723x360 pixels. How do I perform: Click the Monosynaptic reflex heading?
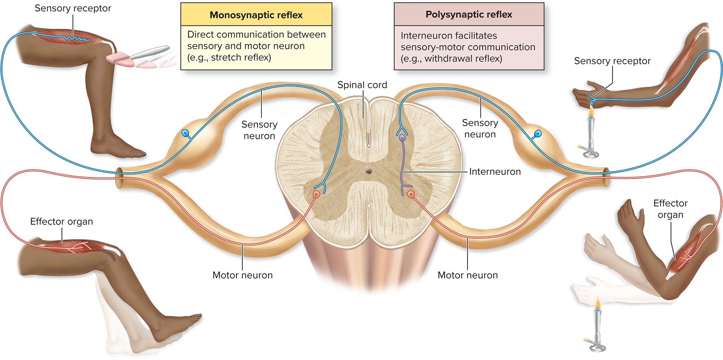pos(256,15)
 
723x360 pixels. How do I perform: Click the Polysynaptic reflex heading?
pos(469,15)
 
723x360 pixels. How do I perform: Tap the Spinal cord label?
pos(362,85)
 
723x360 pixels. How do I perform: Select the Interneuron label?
pos(495,171)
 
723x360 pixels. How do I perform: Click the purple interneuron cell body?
pos(402,138)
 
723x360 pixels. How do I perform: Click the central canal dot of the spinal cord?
pos(369,171)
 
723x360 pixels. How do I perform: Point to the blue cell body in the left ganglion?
pos(185,133)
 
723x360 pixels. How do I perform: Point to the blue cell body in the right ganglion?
pos(538,134)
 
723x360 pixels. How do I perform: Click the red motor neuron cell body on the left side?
pos(316,194)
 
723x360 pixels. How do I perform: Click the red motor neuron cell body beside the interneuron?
pos(411,194)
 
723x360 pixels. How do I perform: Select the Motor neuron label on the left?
pos(242,275)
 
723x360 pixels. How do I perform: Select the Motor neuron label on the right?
pos(468,275)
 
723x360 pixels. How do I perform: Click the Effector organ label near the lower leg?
pos(61,222)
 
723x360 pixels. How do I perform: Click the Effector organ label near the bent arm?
pos(670,209)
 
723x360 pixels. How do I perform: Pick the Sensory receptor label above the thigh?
pos(72,8)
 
